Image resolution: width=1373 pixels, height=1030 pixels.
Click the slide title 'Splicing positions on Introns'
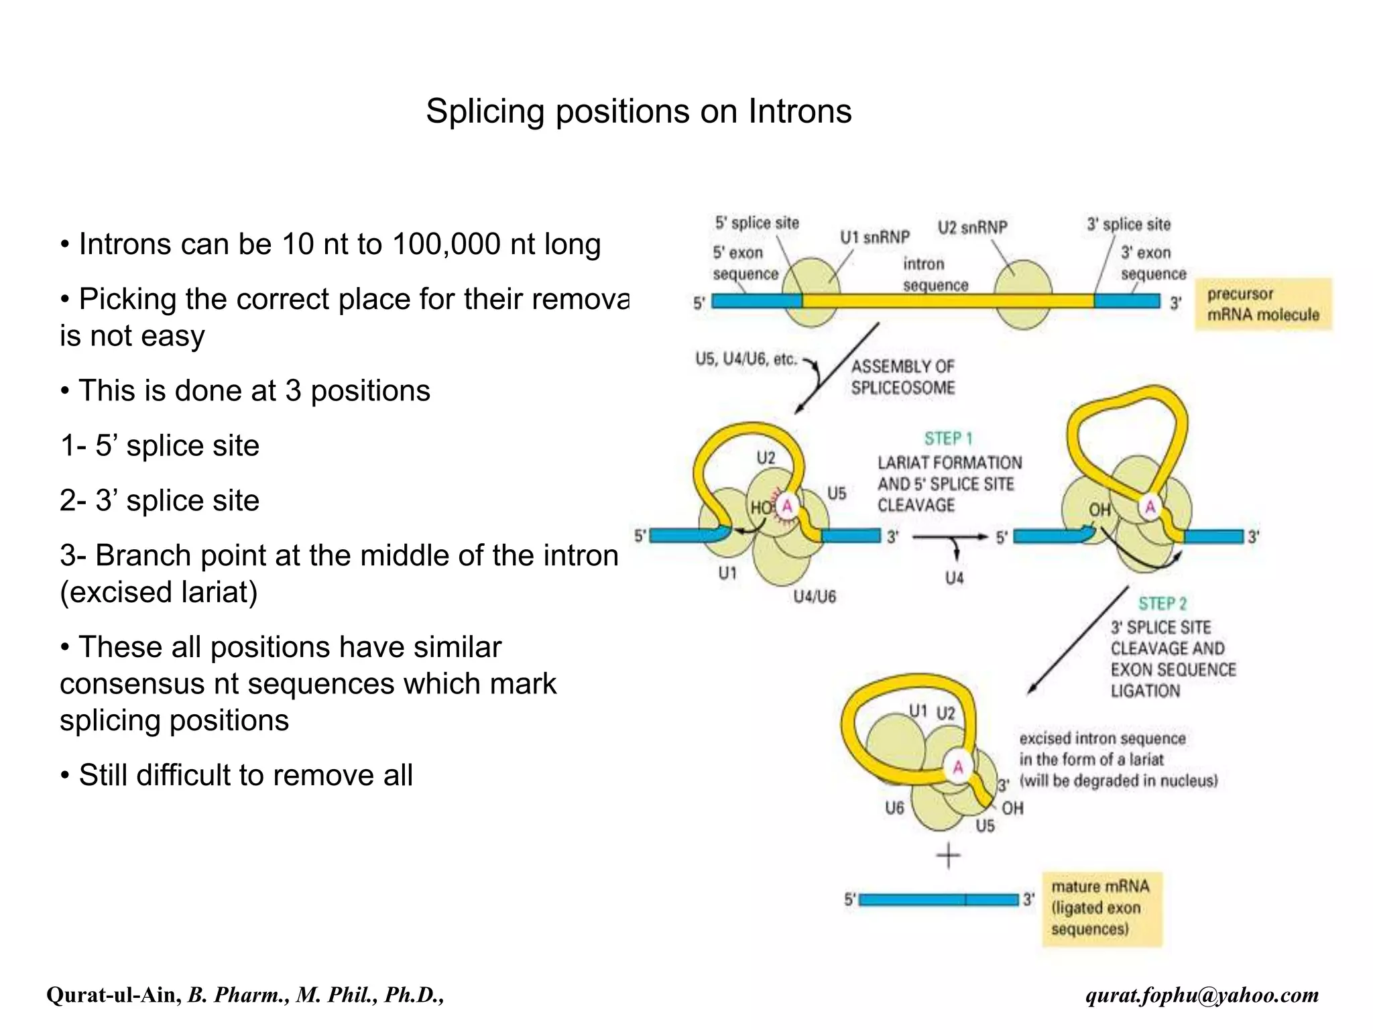click(638, 111)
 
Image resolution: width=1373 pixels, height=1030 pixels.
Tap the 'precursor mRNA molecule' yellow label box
click(1262, 304)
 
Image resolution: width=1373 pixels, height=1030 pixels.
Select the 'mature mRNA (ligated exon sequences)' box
click(1101, 908)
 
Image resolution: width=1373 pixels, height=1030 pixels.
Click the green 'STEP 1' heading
click(948, 439)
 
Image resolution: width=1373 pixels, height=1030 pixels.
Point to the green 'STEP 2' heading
click(1162, 604)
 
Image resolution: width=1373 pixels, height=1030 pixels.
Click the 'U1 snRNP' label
click(875, 237)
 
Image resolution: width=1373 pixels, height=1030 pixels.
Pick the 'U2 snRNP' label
click(972, 228)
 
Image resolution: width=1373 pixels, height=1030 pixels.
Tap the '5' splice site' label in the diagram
click(757, 223)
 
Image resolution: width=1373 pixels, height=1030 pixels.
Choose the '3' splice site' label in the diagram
click(1128, 225)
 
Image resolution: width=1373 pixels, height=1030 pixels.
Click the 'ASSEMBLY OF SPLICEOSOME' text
click(902, 377)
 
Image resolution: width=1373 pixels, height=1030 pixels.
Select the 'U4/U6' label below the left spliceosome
click(815, 597)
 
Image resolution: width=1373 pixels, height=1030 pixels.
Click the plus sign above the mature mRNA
click(948, 856)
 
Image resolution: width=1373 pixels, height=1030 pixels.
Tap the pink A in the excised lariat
click(958, 767)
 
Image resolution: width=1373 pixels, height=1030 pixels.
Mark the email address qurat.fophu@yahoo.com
click(1202, 995)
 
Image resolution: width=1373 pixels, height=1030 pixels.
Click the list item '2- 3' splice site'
click(160, 501)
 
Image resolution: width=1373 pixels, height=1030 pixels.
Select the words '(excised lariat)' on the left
click(159, 592)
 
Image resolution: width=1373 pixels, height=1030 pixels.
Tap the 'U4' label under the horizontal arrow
click(954, 578)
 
